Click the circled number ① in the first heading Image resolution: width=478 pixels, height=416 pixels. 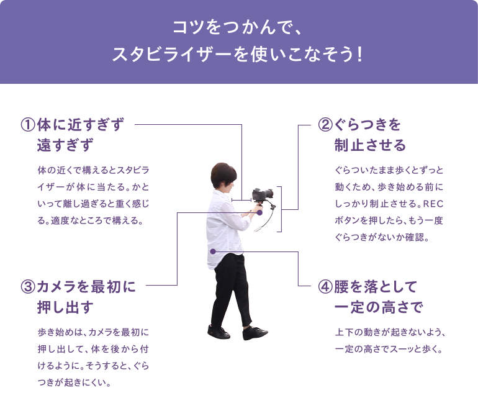point(29,125)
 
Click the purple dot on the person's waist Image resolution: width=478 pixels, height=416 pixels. point(212,251)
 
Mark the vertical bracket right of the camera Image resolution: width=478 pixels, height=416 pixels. point(281,208)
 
